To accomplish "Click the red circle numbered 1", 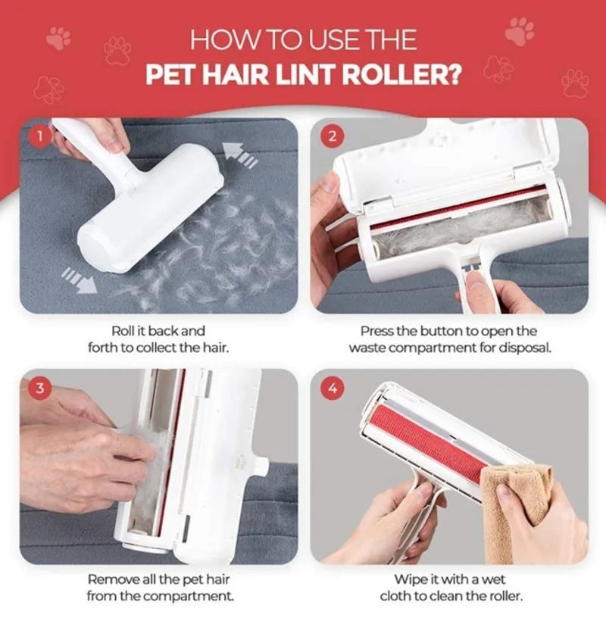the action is (x=39, y=136).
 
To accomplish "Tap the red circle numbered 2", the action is (x=333, y=136).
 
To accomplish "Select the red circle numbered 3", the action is (x=40, y=389).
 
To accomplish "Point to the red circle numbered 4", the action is (x=333, y=389).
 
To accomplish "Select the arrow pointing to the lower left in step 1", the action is (x=80, y=279).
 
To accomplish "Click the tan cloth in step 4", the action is (x=514, y=508).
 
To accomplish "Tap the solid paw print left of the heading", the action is (x=59, y=38).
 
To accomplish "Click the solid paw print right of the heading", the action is (x=520, y=31).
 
